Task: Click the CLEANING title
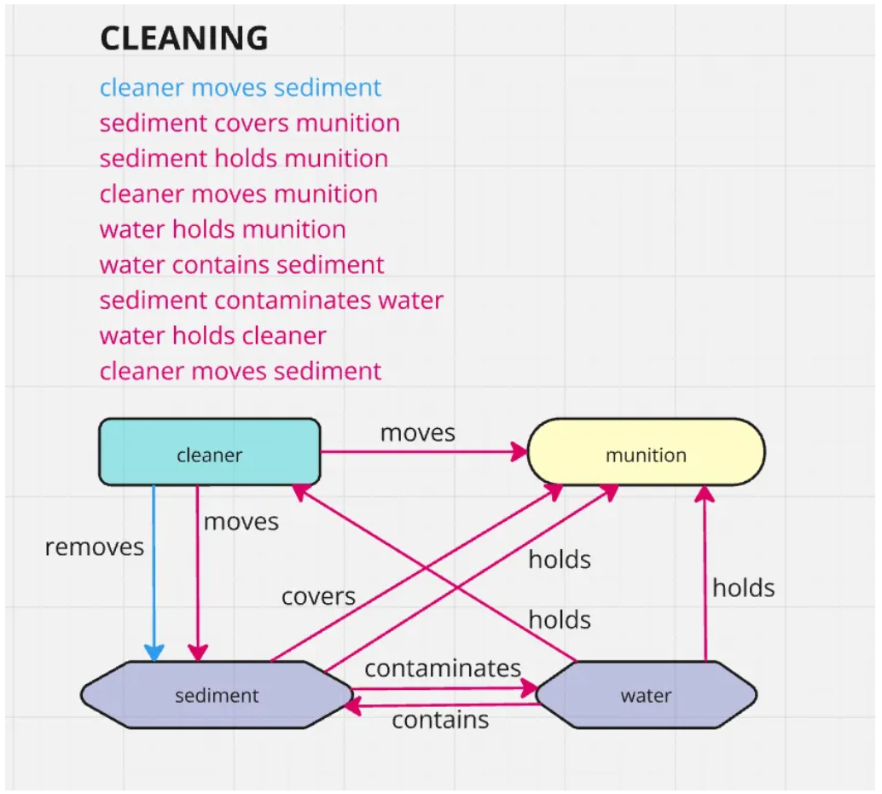click(184, 38)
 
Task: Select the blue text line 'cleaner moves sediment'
click(241, 88)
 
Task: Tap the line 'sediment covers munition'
click(249, 123)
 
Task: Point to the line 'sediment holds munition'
click(243, 159)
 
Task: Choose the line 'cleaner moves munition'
click(238, 194)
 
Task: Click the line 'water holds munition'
click(223, 229)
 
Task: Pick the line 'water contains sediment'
click(241, 265)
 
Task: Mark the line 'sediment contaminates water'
click(271, 301)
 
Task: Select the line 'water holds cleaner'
click(212, 336)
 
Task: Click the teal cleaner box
click(210, 453)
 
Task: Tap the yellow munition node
click(646, 453)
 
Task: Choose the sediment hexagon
click(217, 695)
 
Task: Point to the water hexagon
click(646, 695)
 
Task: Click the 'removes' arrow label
click(95, 547)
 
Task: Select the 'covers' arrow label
click(318, 596)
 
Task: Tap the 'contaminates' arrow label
click(443, 668)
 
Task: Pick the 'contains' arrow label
click(440, 721)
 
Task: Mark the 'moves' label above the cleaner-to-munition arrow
click(418, 432)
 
